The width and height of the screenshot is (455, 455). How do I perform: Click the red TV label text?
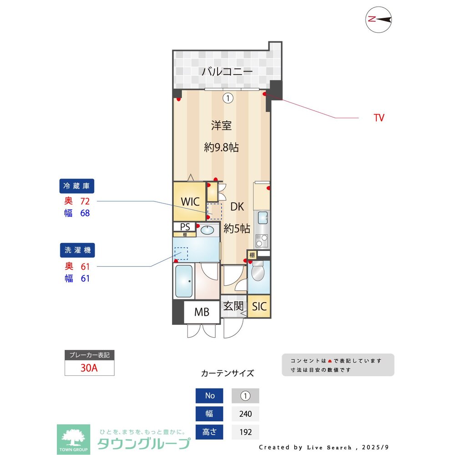coord(379,118)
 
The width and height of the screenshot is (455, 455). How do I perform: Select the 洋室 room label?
coord(221,126)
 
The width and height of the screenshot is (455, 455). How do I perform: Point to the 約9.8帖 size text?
coord(221,147)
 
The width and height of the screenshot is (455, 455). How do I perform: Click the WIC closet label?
coord(190,202)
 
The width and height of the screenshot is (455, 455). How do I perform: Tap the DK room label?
coord(237,207)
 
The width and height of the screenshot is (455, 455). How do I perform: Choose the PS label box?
coord(185,227)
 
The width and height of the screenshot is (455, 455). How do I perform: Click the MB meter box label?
coord(202,312)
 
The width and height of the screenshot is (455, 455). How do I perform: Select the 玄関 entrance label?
coord(233,306)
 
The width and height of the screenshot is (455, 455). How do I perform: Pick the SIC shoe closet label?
coord(259,306)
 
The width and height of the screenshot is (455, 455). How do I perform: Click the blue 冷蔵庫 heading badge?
coord(77,186)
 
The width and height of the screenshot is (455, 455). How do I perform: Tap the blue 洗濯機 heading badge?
coord(77,250)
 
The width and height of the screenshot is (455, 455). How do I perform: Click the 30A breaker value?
coord(89,368)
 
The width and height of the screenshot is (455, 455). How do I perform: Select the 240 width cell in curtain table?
coord(245,414)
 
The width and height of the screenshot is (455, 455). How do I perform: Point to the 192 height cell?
coord(245,432)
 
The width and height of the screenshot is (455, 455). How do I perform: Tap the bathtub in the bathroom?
coord(185,281)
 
